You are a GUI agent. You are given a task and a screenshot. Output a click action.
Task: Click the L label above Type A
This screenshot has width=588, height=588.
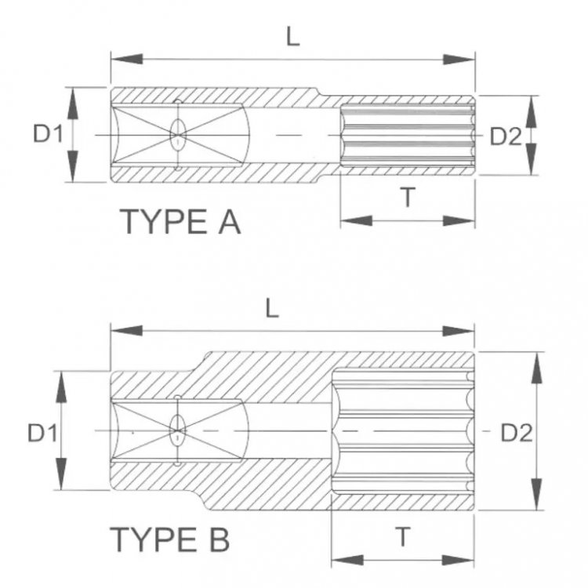click(292, 38)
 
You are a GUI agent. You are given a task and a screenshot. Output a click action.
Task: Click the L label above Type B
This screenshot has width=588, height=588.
click(271, 308)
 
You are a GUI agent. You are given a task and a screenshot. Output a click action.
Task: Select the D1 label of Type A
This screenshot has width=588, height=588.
click(47, 135)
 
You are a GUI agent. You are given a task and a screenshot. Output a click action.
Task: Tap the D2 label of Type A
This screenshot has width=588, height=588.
click(505, 136)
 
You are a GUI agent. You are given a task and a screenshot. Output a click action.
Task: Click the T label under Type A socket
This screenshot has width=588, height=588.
click(407, 198)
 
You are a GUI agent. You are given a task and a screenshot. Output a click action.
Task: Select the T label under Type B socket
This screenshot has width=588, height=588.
click(401, 537)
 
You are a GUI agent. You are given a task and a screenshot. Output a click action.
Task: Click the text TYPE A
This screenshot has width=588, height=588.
click(180, 223)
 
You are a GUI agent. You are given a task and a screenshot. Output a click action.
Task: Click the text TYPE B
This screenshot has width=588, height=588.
click(170, 539)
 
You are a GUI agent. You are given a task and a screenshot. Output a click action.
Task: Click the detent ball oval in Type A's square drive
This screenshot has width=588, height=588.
click(178, 136)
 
